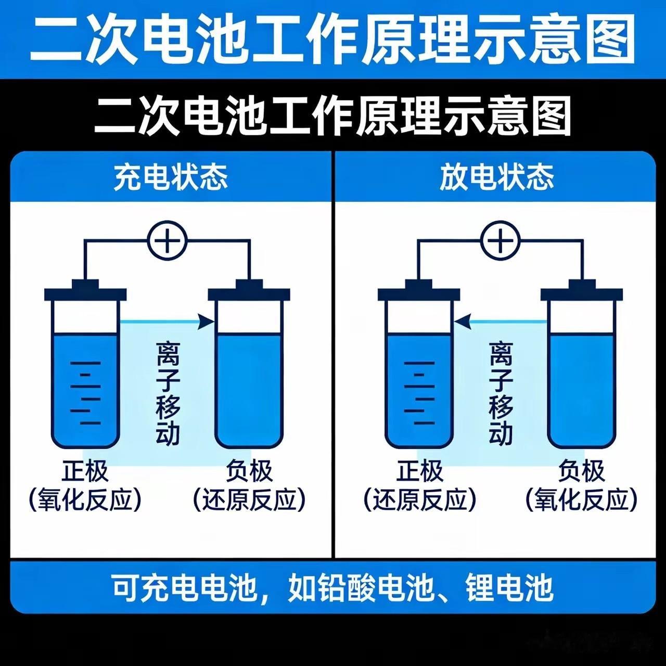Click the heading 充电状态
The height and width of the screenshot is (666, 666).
[x=171, y=177]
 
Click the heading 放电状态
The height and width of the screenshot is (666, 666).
[x=497, y=177]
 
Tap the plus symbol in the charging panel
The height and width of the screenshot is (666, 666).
[x=167, y=241]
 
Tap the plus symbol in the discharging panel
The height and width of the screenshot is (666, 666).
[x=500, y=240]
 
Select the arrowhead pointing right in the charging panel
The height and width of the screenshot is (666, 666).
[x=208, y=322]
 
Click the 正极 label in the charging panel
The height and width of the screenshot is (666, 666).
[x=85, y=471]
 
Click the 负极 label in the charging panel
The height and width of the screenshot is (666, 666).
[x=249, y=471]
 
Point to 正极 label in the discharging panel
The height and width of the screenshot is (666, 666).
[x=419, y=471]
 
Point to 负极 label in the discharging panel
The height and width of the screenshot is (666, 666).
[x=581, y=471]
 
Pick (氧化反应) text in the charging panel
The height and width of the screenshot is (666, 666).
[x=85, y=500]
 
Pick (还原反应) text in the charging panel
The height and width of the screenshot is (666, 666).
[x=249, y=500]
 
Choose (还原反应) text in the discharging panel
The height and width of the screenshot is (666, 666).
[x=419, y=500]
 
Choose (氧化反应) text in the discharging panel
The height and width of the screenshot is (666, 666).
[x=581, y=500]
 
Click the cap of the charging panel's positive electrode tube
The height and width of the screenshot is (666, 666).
[x=85, y=291]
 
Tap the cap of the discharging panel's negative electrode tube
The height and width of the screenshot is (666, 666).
[x=582, y=291]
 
